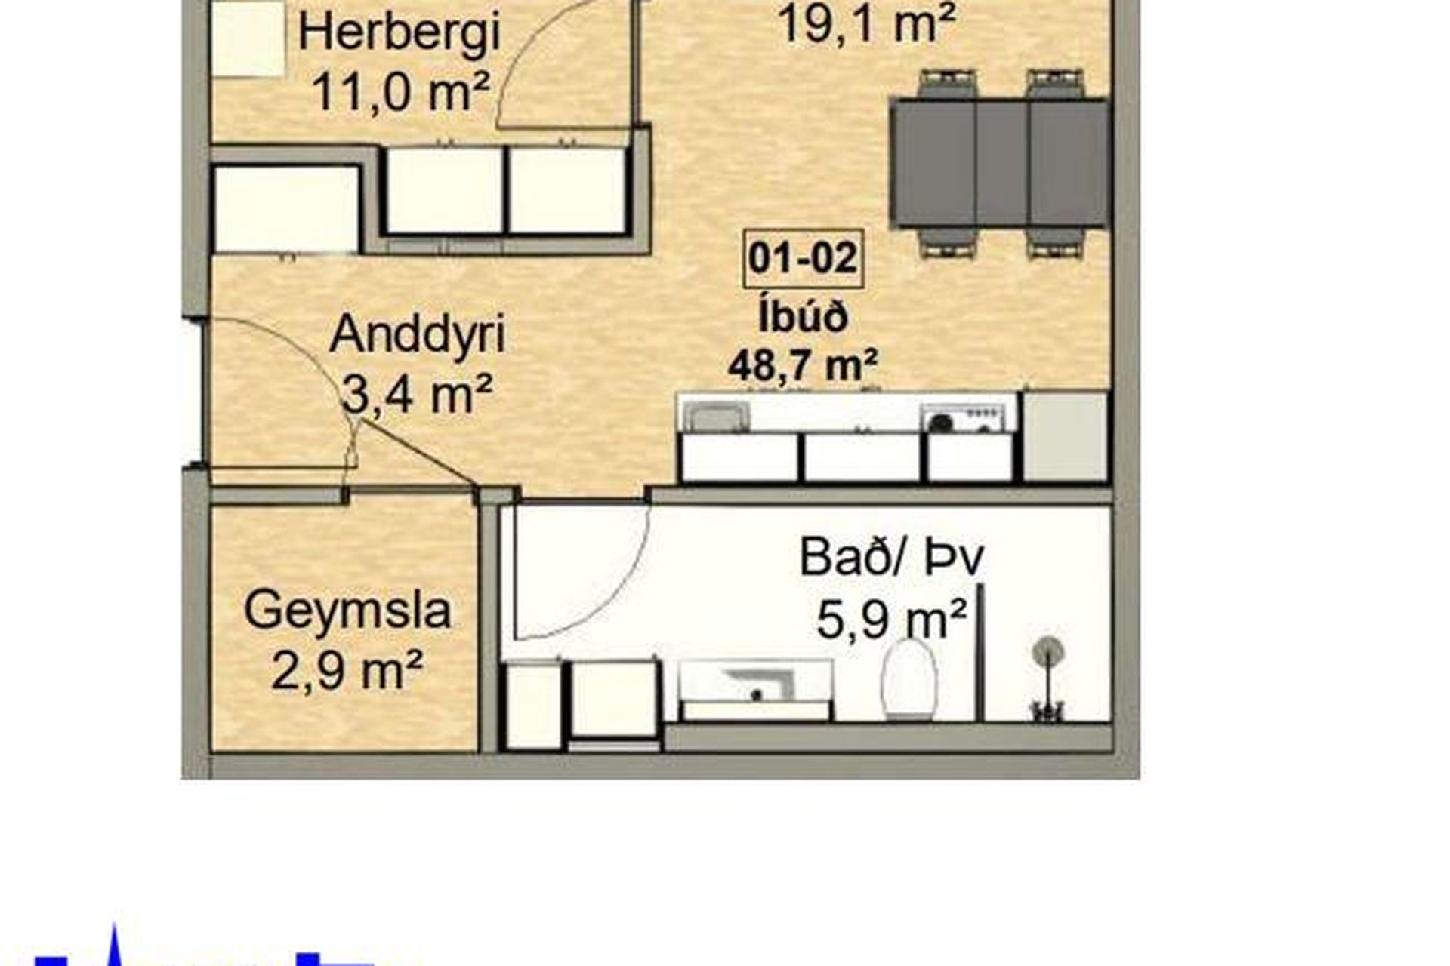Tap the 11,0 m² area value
pos(400,94)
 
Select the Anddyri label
pos(418,334)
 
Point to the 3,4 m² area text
pos(418,394)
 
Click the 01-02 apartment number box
pos(803,259)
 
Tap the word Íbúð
pos(803,317)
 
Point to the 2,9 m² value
pos(346,672)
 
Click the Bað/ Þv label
pos(891,558)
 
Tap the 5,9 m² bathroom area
pos(891,620)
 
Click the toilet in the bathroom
pos(909,679)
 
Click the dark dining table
pos(999,162)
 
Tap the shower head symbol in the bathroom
pos(1048,651)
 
